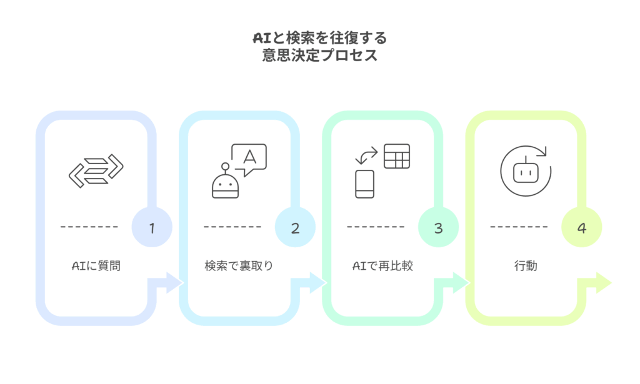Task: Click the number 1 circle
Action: [151, 228]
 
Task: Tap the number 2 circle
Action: [295, 228]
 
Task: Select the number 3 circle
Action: [438, 228]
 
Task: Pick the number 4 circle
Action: [581, 228]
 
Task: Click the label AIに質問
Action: [96, 266]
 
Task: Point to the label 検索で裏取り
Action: [239, 266]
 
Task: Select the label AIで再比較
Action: [382, 266]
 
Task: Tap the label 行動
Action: [526, 266]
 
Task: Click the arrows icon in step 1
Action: [96, 168]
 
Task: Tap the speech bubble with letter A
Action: [249, 159]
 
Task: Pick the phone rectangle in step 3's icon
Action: [364, 184]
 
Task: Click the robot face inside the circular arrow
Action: [526, 170]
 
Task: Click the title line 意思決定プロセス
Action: [320, 56]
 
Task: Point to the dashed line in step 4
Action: [519, 227]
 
